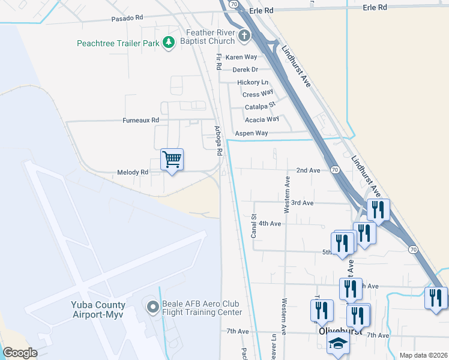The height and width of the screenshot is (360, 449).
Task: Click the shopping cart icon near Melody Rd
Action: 172,160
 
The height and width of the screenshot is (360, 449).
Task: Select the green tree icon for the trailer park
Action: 169,41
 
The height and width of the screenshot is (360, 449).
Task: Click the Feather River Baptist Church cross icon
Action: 244,35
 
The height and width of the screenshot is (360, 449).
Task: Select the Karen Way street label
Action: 241,57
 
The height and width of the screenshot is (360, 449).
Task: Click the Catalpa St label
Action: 260,107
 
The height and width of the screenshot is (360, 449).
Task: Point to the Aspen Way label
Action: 252,133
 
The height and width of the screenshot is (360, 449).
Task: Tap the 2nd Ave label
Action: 308,170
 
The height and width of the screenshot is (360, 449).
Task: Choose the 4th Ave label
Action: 270,224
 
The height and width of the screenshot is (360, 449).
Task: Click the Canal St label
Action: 254,226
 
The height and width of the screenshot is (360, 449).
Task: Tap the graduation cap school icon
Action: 338,344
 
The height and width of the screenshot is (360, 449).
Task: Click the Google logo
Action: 20,353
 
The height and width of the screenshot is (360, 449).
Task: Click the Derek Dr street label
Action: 245,70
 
